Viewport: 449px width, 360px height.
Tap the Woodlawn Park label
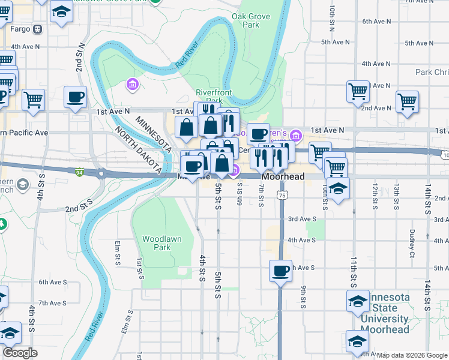[161, 242]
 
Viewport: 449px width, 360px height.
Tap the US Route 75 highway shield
[282, 195]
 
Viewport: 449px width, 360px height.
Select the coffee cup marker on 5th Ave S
[280, 271]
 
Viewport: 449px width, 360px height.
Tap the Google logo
[20, 353]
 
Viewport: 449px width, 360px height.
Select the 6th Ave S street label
[53, 281]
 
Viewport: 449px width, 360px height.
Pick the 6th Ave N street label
[377, 22]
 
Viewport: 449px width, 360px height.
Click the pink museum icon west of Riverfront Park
[131, 85]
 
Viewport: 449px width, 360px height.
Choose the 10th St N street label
[332, 18]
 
